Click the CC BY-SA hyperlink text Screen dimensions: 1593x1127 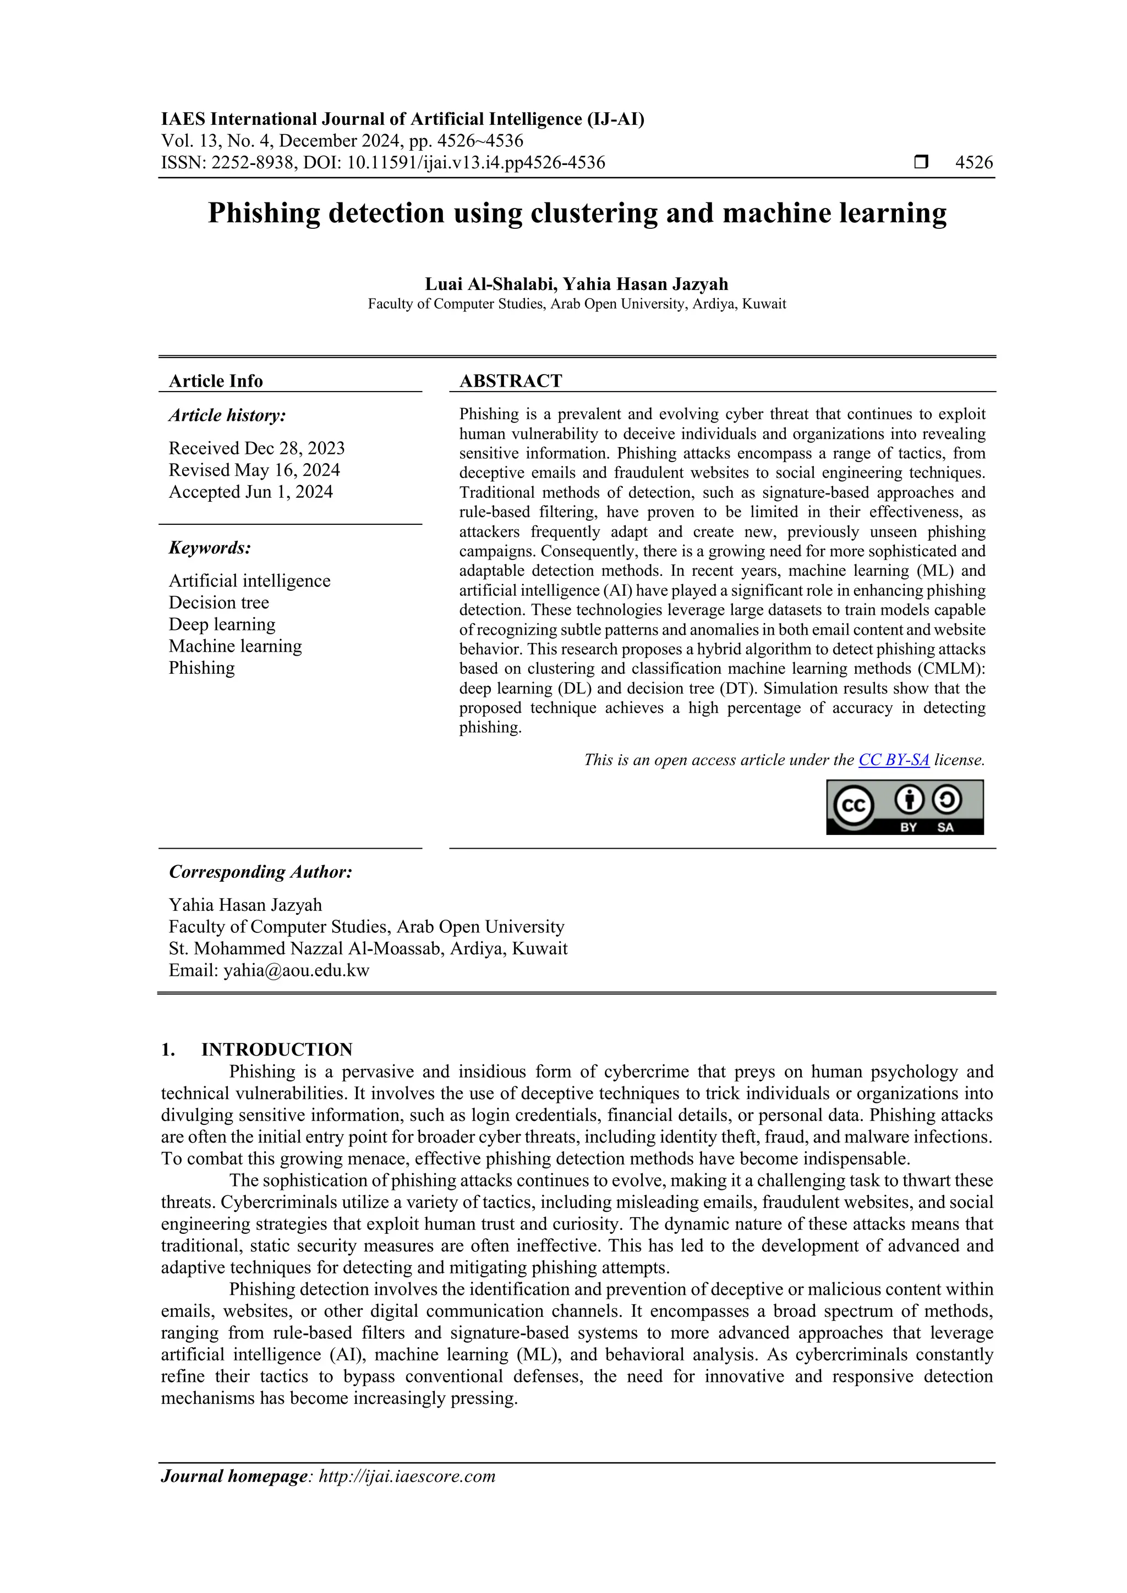[x=893, y=760]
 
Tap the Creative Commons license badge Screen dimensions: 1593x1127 [x=904, y=807]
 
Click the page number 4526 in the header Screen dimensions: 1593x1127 [x=973, y=163]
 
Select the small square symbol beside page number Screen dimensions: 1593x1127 [x=921, y=162]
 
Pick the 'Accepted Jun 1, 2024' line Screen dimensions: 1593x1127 [x=250, y=492]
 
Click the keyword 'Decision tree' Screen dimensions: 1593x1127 [x=218, y=602]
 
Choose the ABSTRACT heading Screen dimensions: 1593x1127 [x=510, y=381]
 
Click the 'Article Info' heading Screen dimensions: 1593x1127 [x=216, y=381]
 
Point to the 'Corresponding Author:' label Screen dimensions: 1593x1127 [x=260, y=872]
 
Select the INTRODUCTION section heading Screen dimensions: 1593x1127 [x=277, y=1049]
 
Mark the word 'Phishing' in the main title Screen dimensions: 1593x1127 [x=264, y=213]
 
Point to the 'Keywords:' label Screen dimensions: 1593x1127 [x=210, y=548]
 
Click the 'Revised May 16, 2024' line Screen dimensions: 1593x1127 [x=254, y=470]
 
